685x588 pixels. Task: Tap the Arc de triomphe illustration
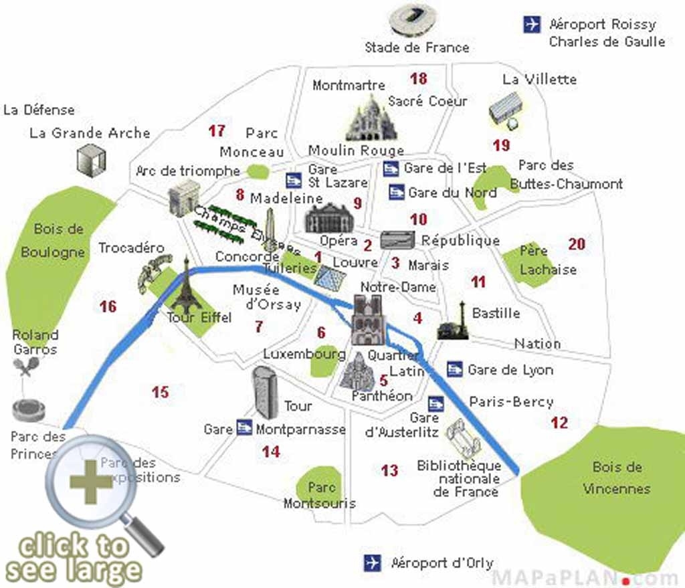coord(184,197)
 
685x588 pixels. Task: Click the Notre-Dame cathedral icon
coord(367,320)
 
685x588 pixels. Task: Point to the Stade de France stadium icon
coord(414,20)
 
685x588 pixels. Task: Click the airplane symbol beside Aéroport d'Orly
coord(372,563)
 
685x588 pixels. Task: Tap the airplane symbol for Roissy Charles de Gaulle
coord(532,25)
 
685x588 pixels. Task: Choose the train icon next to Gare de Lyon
coord(455,369)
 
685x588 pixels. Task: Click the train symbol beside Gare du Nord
coord(396,193)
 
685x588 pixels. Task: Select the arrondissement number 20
coord(577,244)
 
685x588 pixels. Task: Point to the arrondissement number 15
coord(160,392)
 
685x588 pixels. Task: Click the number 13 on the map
coord(389,471)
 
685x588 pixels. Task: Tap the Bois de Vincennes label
coord(616,478)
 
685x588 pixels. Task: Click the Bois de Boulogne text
coord(54,240)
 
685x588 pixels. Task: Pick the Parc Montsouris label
coord(319,495)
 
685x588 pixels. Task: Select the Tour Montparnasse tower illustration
coord(264,393)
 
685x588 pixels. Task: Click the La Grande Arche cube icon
coord(91,161)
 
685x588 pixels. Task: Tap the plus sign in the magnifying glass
coord(90,481)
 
